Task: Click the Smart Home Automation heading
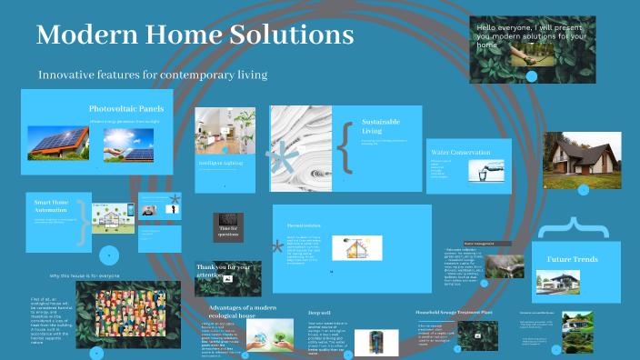tap(52, 206)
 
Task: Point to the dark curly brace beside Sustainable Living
tap(344, 146)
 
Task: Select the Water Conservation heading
tap(461, 153)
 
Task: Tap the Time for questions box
tap(228, 231)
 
